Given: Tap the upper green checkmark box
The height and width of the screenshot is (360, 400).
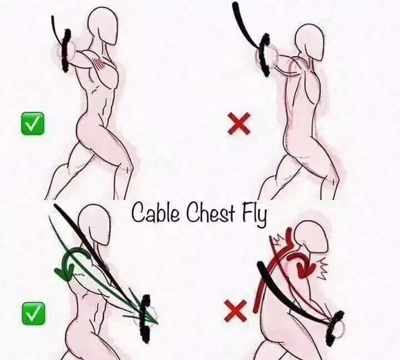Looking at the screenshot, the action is point(32,123).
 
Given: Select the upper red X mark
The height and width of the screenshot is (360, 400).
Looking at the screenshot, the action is point(239,124).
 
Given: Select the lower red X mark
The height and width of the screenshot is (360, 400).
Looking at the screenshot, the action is point(236,310).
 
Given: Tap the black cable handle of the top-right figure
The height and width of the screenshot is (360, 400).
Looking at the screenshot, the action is point(265,54).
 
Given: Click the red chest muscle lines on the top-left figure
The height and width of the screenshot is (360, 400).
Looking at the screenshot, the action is point(100,63).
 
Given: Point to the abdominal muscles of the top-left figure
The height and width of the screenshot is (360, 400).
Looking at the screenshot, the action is point(105,107).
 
